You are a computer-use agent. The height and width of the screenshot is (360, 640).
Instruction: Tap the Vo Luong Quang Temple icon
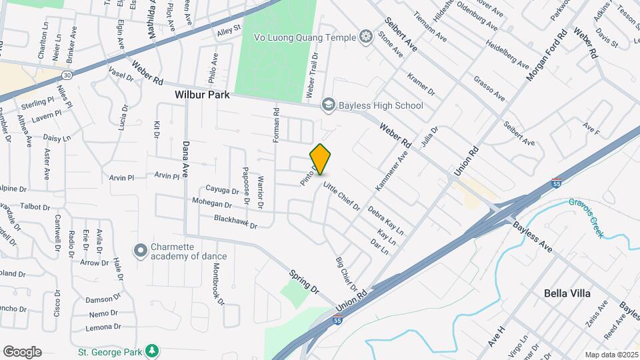(x=365, y=36)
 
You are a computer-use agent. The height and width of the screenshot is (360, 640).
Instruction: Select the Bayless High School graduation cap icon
(x=328, y=105)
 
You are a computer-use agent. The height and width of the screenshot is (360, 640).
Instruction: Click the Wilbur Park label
(x=202, y=95)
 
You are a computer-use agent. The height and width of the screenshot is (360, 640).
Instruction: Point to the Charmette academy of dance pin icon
(x=141, y=251)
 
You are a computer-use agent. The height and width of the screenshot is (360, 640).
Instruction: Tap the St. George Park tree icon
(x=153, y=350)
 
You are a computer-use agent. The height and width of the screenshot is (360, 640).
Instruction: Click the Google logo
(x=22, y=352)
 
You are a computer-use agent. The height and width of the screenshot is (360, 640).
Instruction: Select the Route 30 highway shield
(x=67, y=75)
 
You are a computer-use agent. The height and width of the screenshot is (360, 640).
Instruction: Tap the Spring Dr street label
(x=305, y=281)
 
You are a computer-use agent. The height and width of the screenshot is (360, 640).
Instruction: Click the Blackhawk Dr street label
(x=235, y=221)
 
